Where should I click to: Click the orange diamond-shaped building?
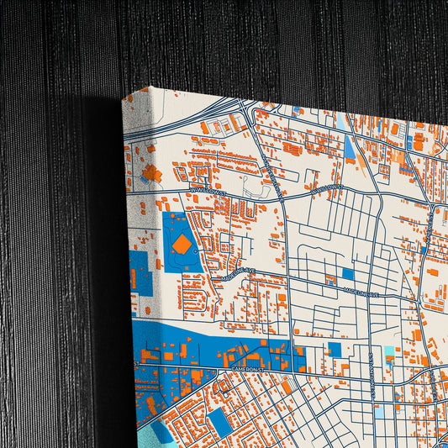[x=182, y=245]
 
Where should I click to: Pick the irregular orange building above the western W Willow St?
[x=151, y=174]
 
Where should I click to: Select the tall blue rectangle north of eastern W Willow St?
[x=349, y=148]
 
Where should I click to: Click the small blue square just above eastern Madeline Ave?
[x=347, y=273]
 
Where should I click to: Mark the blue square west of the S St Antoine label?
[x=335, y=349]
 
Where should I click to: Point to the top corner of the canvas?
[x=152, y=87]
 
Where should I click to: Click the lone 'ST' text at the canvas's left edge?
[x=135, y=363]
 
